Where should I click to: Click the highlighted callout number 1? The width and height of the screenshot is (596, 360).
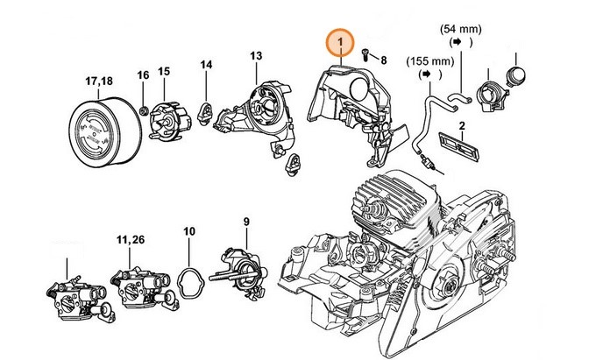pos(341,42)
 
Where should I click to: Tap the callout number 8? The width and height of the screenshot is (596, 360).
pos(384,60)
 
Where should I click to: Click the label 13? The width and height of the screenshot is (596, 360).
pos(256,56)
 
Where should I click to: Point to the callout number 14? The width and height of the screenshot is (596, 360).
pos(206,65)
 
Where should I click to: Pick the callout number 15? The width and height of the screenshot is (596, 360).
pos(164,72)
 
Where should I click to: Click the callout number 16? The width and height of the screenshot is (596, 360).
pos(143,74)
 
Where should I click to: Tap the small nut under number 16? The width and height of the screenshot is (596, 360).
pos(144,111)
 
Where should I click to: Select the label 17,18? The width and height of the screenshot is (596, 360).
pos(99,81)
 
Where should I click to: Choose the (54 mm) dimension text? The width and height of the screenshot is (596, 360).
pos(461,29)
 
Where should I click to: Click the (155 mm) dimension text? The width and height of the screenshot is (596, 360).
pos(430,61)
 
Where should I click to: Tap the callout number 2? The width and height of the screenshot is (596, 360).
pos(462,126)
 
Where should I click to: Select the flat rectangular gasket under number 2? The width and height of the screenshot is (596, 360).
pos(458,147)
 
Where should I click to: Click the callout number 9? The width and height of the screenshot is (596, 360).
pos(246,221)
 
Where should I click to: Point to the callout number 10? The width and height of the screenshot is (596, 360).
pos(189,231)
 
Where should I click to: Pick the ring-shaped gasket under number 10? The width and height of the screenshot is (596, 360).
pos(192,283)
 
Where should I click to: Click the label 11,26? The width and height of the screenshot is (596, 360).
pos(131,240)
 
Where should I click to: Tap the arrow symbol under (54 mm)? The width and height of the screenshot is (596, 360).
pos(457,42)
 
